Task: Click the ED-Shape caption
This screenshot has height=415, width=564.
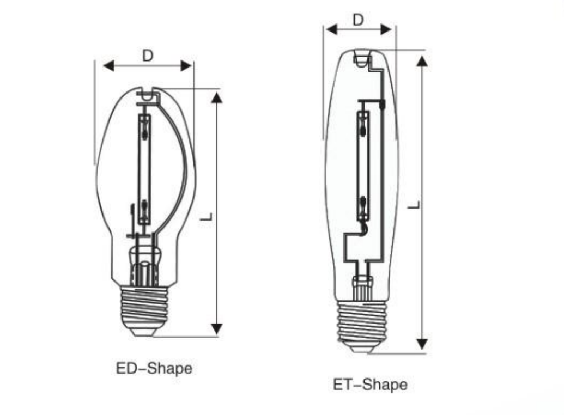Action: tap(154, 368)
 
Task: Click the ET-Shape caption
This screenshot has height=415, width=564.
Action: tap(370, 385)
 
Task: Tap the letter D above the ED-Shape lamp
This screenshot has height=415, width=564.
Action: tap(148, 56)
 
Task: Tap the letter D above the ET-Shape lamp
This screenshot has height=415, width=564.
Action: tap(357, 20)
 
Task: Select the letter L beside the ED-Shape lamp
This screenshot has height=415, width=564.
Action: tap(207, 216)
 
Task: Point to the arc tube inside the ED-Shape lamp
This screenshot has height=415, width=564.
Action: tap(144, 169)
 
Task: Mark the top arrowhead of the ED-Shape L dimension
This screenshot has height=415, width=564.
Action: tap(217, 98)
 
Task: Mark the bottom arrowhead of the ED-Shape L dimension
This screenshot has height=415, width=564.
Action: tap(217, 328)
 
